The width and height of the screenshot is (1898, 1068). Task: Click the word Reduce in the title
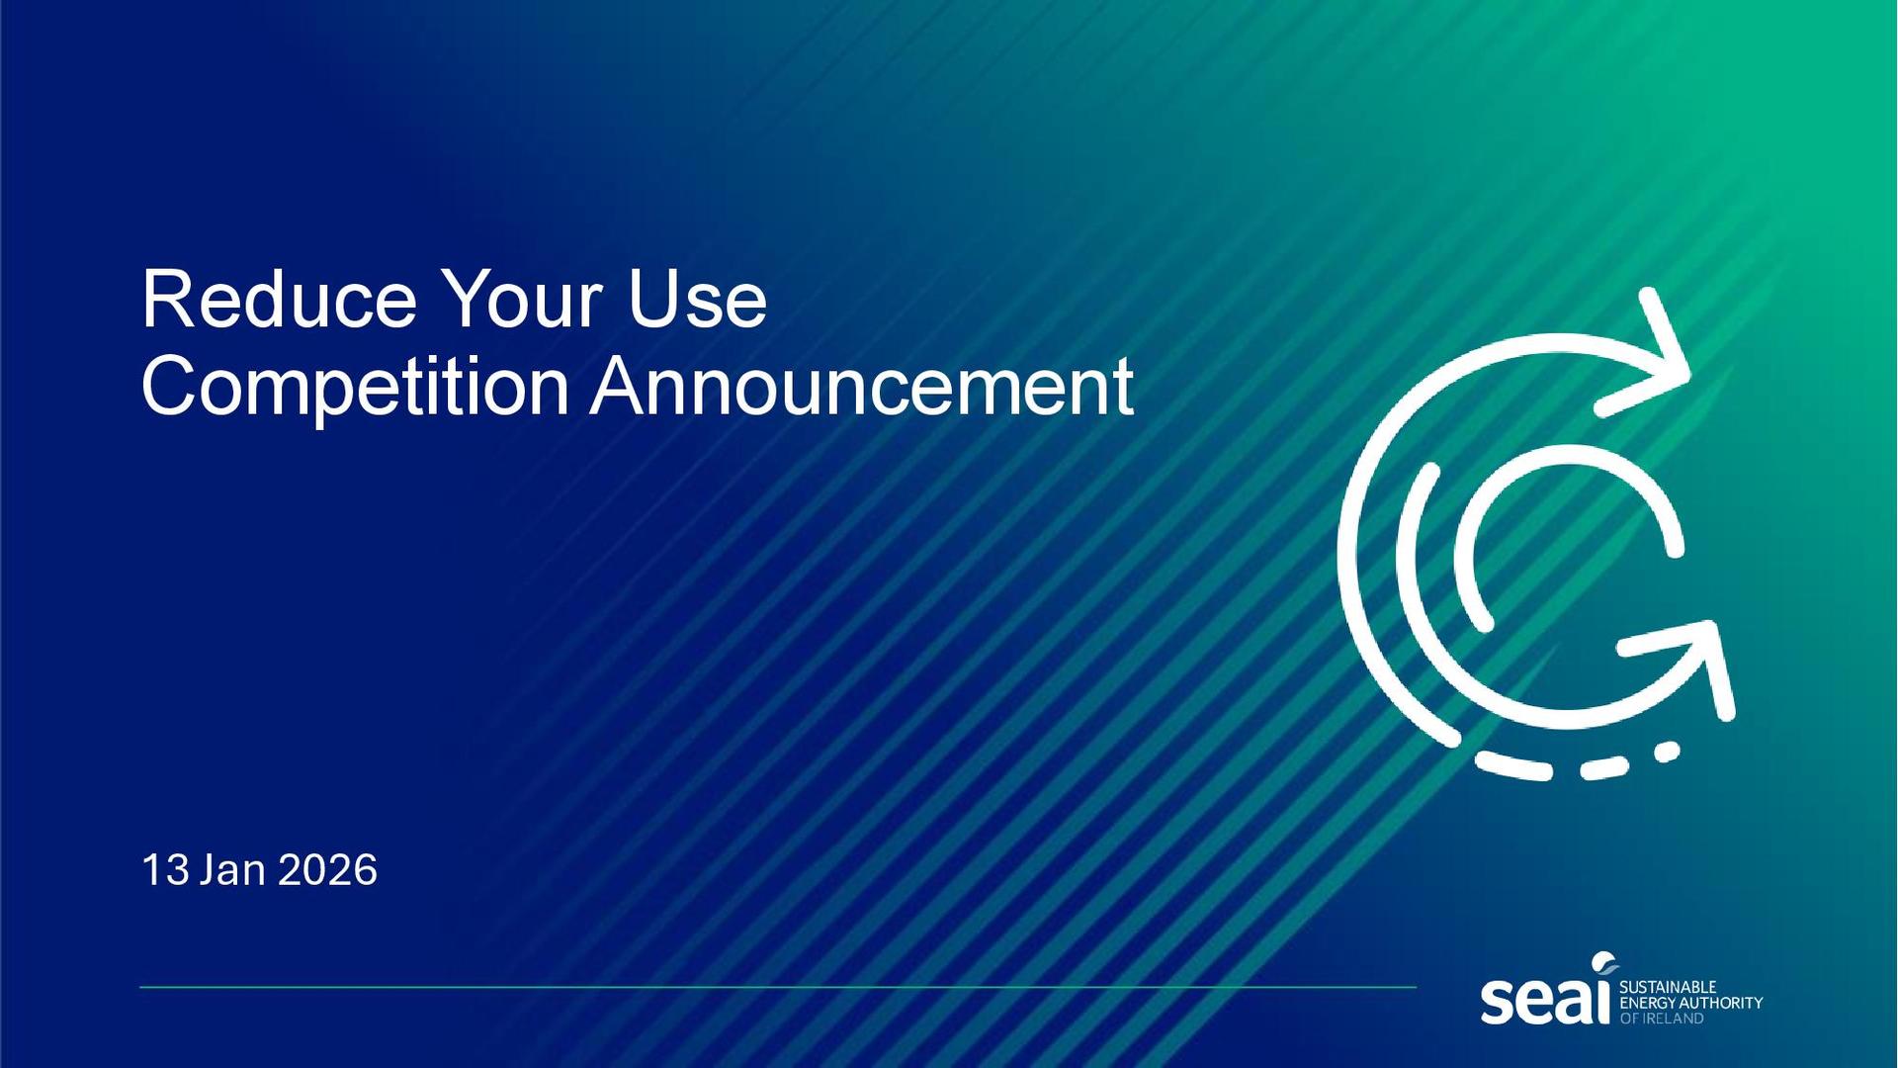280,299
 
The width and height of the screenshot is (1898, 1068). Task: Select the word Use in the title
697,299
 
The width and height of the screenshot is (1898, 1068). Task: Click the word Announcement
862,386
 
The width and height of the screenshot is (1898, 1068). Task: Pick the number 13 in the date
165,870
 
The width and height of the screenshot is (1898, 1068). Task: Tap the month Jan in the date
232,870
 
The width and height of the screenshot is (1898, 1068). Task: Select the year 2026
327,870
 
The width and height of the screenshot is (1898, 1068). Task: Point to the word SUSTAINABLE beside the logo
1668,987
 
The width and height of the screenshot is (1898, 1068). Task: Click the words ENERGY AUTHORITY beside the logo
1690,1003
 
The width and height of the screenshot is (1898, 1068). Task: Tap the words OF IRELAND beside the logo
1662,1019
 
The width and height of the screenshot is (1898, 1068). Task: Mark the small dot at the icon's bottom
1667,753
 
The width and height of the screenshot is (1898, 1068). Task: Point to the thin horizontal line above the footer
778,987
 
